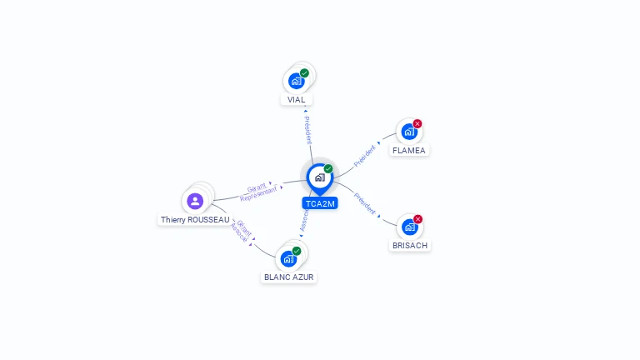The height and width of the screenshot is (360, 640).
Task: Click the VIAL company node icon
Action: point(296,81)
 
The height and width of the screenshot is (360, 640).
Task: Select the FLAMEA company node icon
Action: point(408,132)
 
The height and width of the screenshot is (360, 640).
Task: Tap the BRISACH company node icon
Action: point(408,227)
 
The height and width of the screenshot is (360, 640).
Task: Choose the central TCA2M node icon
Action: point(319,177)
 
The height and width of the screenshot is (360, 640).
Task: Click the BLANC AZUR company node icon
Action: point(288,258)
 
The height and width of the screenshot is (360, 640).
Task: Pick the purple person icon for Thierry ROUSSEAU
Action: point(195,201)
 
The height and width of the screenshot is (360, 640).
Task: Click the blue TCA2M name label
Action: point(319,203)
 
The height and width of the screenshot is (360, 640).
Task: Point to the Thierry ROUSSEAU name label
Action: point(195,220)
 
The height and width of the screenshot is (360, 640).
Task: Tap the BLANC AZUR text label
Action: point(289,277)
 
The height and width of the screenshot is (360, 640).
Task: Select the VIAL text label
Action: point(296,100)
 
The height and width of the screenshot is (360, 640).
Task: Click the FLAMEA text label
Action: point(408,151)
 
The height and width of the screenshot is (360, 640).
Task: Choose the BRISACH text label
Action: point(409,246)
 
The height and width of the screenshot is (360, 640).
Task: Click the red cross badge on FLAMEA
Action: point(417,123)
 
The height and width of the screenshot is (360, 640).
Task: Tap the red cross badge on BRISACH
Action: point(417,219)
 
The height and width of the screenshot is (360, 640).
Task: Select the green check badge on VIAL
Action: point(304,73)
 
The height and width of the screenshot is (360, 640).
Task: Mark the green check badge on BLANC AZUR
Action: point(297,251)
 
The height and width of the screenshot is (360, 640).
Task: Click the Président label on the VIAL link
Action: point(307,130)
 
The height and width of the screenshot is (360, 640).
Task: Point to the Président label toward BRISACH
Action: point(365,204)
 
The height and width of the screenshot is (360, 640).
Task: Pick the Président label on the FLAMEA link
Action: point(364,156)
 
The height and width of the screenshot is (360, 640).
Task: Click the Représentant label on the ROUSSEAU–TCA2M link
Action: point(258,193)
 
